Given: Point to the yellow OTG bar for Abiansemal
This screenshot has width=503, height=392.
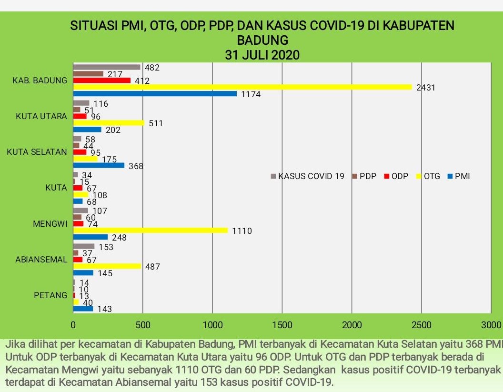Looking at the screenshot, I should (x=107, y=266).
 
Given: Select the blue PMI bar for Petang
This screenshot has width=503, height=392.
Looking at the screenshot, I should (x=83, y=309).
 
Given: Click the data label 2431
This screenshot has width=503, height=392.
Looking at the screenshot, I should (x=426, y=88).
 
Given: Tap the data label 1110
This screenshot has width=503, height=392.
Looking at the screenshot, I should (x=241, y=231).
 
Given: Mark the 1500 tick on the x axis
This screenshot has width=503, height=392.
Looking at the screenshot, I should (x=282, y=325).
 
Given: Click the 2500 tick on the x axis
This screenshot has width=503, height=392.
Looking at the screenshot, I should (x=422, y=325).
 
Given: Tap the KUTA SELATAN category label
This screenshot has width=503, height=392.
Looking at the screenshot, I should (x=37, y=152).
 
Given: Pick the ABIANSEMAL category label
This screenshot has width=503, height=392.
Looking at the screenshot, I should (x=41, y=260).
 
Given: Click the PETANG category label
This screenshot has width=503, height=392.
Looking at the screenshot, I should (x=50, y=295).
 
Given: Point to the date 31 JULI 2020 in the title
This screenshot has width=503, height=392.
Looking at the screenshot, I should (x=262, y=55).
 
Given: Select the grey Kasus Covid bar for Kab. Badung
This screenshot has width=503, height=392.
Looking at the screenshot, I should (x=107, y=67).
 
